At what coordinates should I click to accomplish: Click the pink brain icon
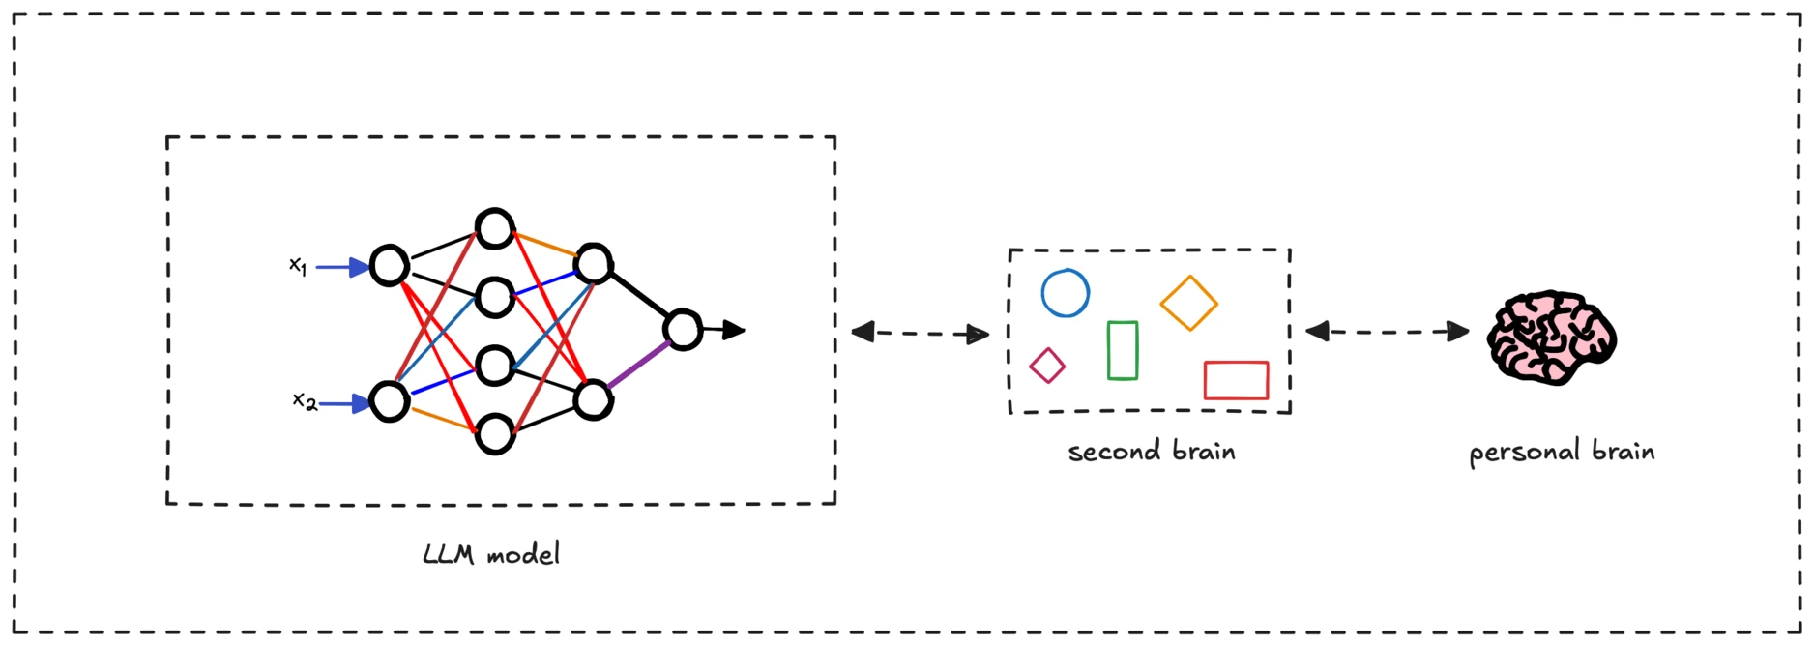[1551, 338]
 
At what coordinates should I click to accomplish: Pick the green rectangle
[1108, 350]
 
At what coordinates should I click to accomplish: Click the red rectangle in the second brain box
[1236, 363]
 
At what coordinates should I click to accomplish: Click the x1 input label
[298, 265]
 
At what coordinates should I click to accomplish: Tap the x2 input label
[305, 400]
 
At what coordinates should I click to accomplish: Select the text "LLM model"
[491, 554]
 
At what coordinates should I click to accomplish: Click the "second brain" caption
[1152, 452]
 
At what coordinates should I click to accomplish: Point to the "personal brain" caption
[1562, 453]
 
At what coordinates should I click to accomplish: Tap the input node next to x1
[390, 247]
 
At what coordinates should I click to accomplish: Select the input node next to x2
[390, 383]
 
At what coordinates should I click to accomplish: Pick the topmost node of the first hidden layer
[495, 210]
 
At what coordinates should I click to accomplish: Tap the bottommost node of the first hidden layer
[495, 416]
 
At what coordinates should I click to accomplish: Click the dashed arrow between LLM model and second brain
[920, 334]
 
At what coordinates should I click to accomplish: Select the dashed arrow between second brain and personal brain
[1387, 332]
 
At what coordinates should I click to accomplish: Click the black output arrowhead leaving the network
[735, 330]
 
